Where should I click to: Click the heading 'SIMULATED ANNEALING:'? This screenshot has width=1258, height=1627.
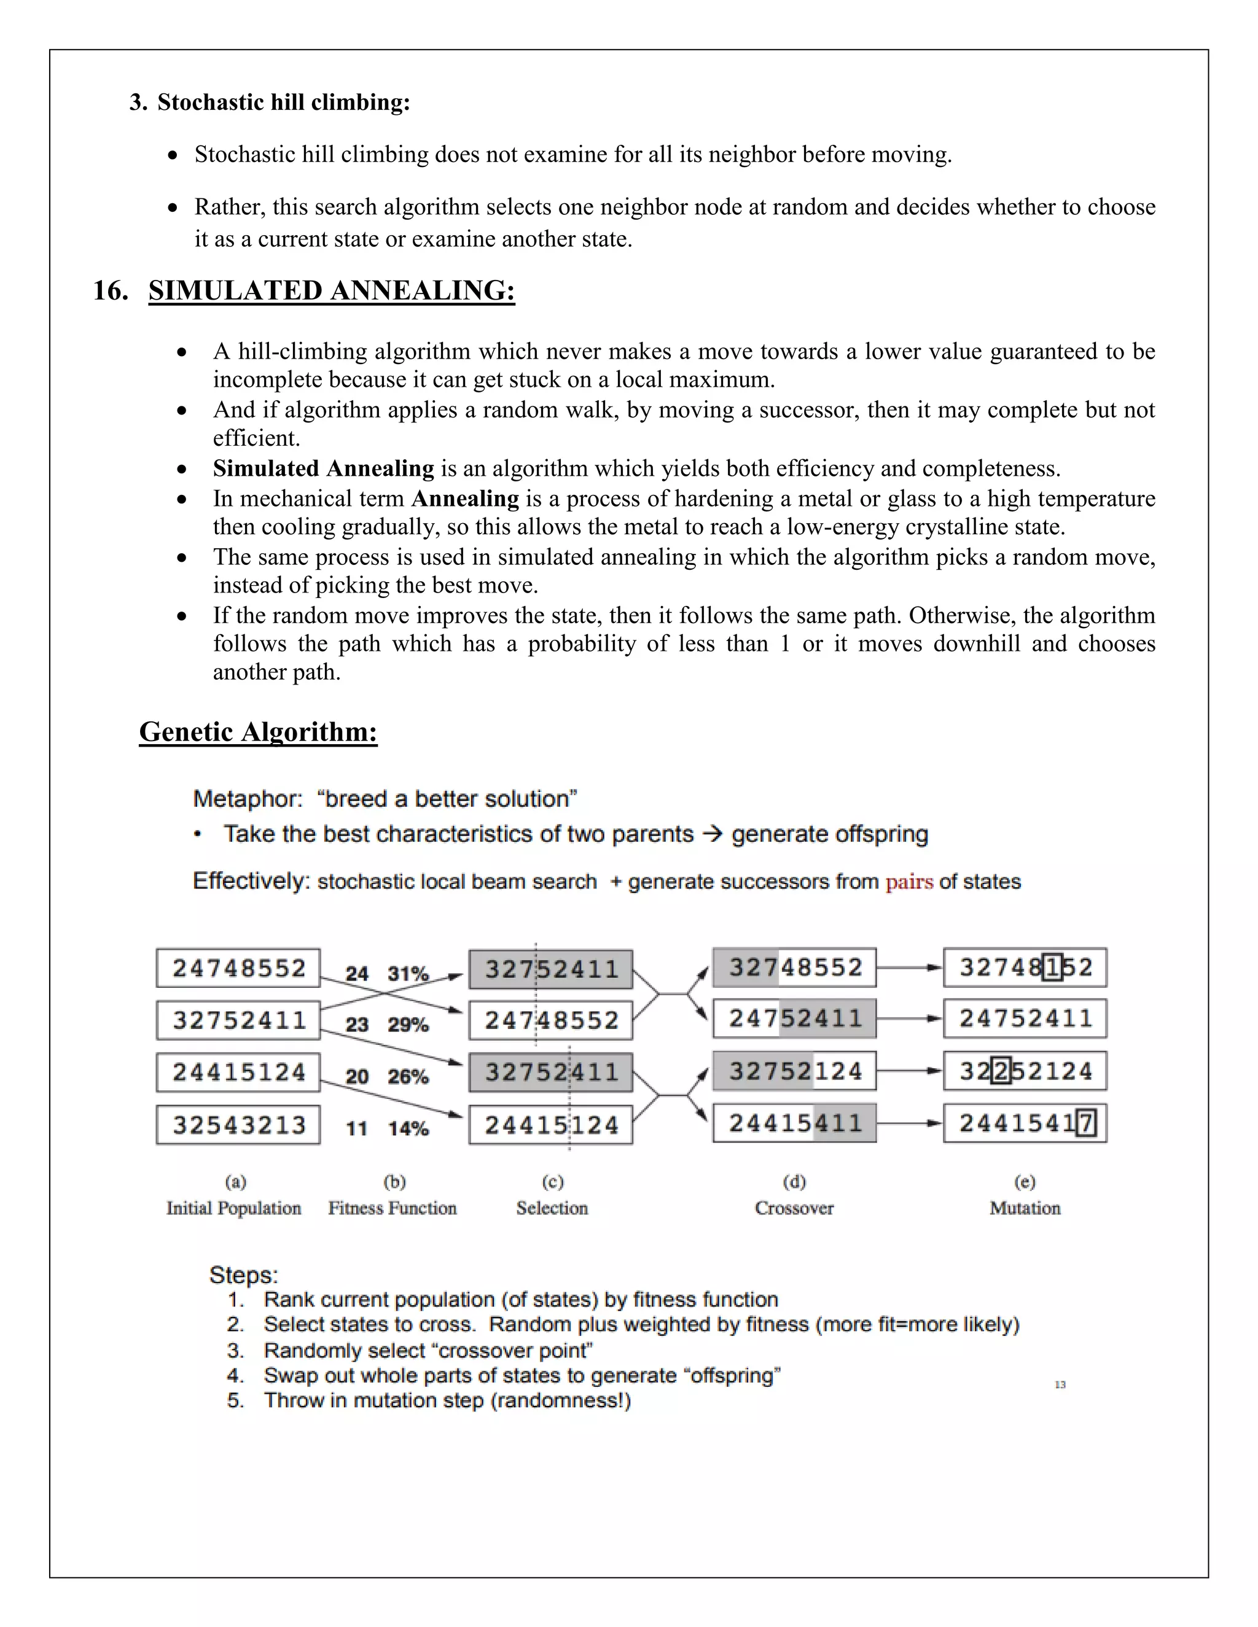tap(332, 290)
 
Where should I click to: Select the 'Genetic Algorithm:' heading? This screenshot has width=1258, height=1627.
tap(258, 732)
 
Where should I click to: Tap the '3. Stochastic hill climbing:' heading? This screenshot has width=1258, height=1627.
tap(270, 102)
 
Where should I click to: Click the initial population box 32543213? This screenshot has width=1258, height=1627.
tap(238, 1124)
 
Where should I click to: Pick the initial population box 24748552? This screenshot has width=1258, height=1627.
tap(238, 968)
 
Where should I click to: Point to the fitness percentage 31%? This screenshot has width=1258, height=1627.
tap(408, 974)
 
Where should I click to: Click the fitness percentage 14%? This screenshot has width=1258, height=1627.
tap(408, 1128)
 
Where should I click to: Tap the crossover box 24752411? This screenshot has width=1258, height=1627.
tap(794, 1019)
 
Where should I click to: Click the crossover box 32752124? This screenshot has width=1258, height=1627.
tap(794, 1071)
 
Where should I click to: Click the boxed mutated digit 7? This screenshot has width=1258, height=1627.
tap(1086, 1123)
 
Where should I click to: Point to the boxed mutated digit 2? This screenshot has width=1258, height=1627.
tap(1001, 1071)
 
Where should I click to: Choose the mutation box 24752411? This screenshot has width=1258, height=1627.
tap(1025, 1019)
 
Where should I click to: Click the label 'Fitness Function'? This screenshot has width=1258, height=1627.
tap(392, 1208)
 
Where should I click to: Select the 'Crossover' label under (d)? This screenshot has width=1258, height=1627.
tap(794, 1208)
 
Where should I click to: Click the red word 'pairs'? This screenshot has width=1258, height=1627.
tap(909, 882)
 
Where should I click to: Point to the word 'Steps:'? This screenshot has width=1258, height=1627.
tap(244, 1275)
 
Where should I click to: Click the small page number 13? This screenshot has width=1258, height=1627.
tap(1060, 1385)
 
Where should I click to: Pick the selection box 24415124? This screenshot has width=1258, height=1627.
tap(551, 1124)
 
